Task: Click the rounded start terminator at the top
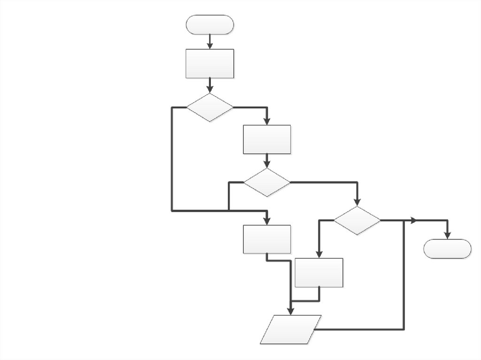tap(209, 24)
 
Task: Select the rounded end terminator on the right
tap(447, 249)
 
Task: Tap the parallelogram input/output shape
tap(291, 329)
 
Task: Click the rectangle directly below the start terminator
tap(210, 63)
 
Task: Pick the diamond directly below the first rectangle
tap(210, 107)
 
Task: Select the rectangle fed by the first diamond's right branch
tap(267, 139)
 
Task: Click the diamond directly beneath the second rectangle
tap(267, 182)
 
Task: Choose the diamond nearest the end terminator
tap(357, 220)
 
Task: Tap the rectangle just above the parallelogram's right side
tap(319, 273)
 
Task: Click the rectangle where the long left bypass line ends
tap(267, 239)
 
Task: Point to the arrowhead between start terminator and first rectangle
tap(210, 46)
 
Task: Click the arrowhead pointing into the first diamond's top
tap(210, 89)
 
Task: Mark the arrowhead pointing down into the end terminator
tap(448, 236)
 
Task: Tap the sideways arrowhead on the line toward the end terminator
tap(413, 220)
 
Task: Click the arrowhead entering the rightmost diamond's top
tap(357, 202)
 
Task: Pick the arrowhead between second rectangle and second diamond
tap(267, 165)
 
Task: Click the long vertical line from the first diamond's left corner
tap(172, 160)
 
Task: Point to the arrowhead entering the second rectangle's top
tap(267, 122)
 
